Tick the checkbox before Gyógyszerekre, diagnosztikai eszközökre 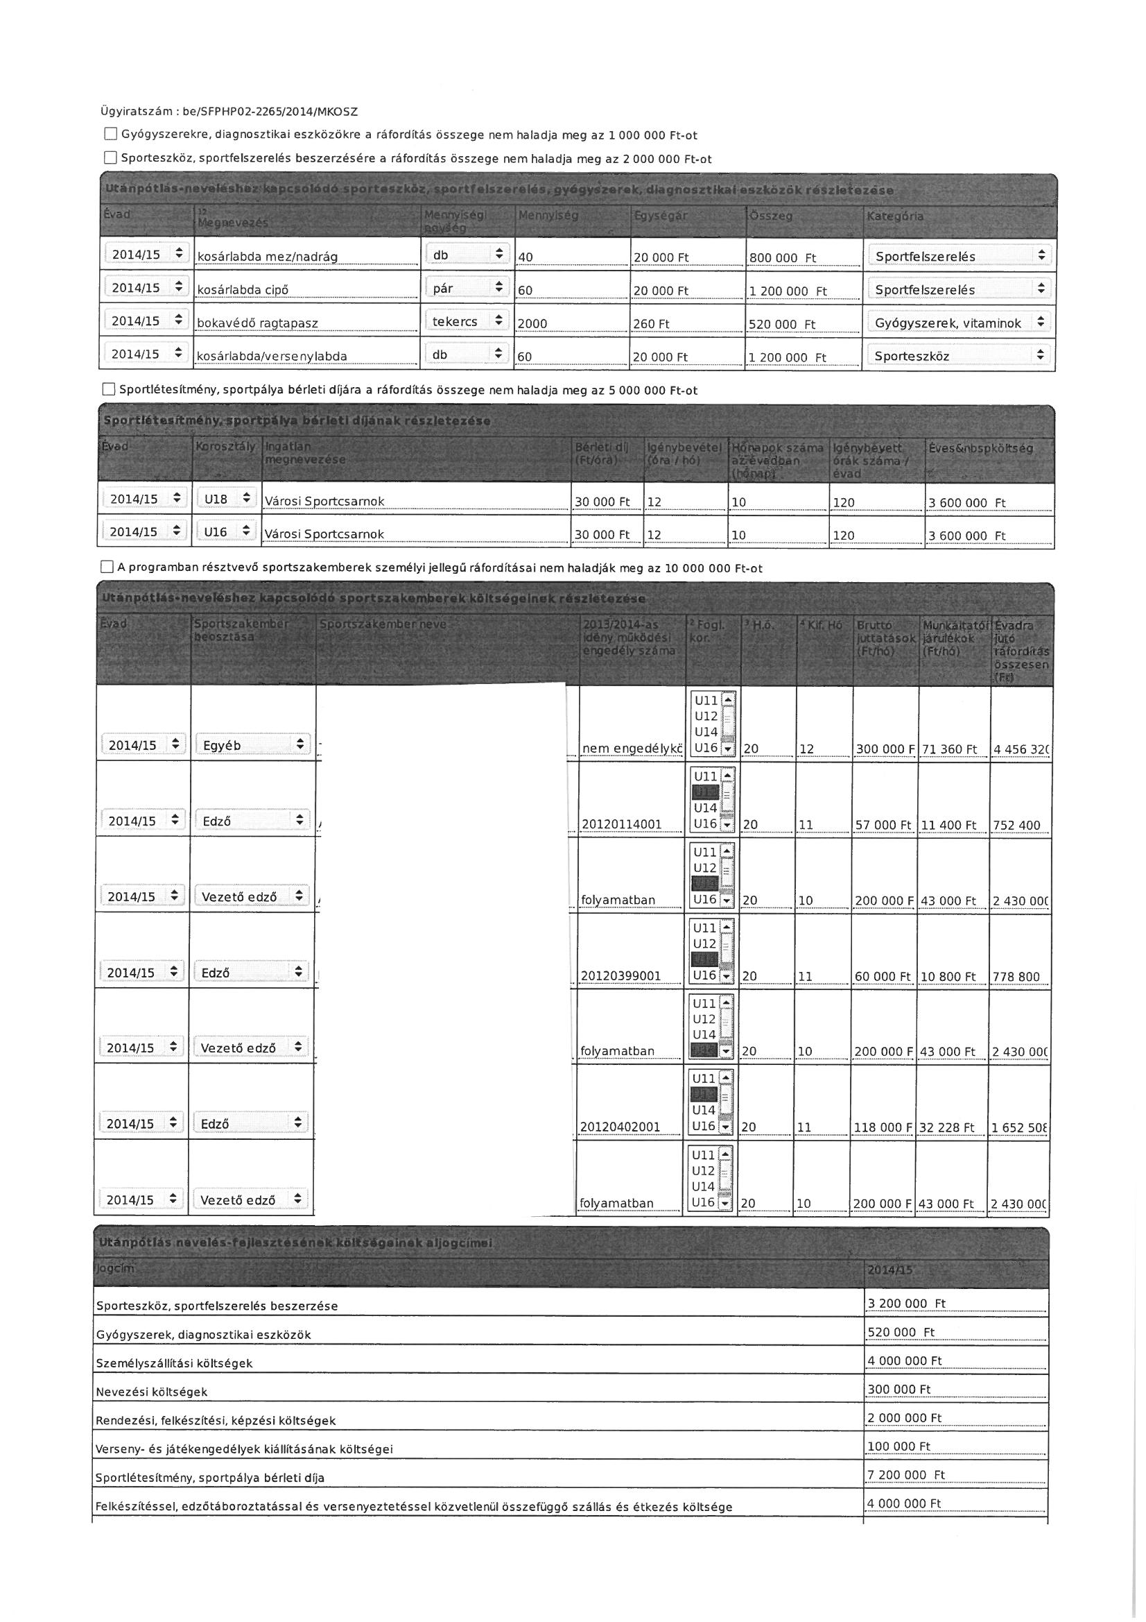tap(111, 134)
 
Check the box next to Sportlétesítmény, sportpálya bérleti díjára tap(109, 389)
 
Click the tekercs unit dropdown tap(467, 321)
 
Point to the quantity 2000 tap(533, 324)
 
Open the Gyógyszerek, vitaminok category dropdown tap(958, 323)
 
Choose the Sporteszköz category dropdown tap(958, 356)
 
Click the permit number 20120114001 tap(621, 824)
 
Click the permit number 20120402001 tap(620, 1127)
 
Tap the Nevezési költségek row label tap(152, 1392)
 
